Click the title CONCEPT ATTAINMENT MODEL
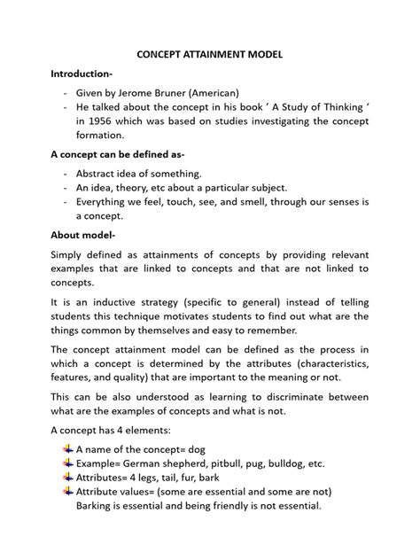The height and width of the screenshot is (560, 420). pyautogui.click(x=210, y=55)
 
